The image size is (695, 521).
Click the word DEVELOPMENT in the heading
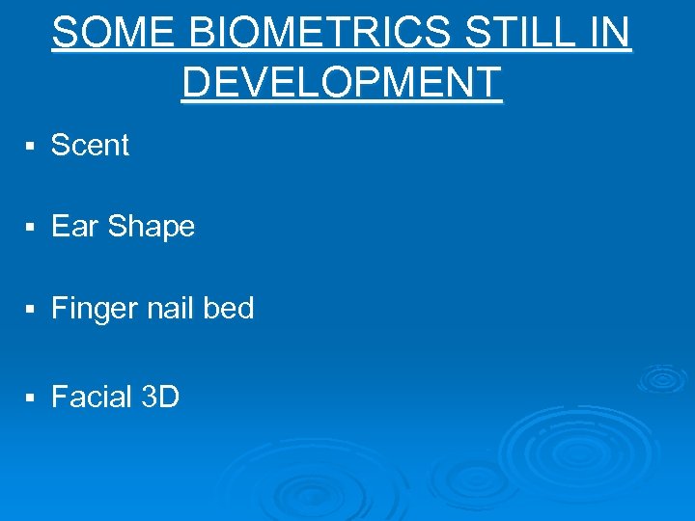coord(342,83)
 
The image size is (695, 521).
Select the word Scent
coord(90,146)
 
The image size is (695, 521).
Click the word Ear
coord(75,227)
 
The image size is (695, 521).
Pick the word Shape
coord(152,228)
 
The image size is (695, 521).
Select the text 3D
coord(160,397)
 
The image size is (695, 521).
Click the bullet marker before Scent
coord(31,147)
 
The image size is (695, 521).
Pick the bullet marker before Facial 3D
coord(31,398)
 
